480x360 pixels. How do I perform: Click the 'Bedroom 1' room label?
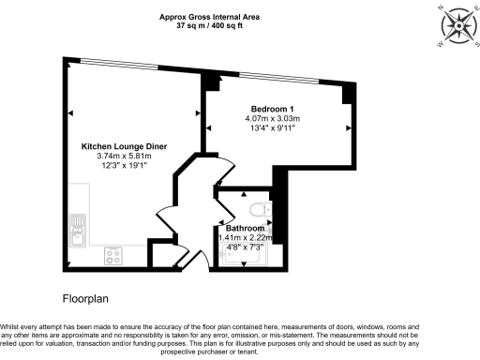click(273, 109)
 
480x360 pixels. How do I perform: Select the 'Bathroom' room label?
click(245, 228)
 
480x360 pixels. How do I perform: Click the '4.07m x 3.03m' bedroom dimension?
click(273, 119)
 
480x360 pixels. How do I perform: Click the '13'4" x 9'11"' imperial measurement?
click(273, 129)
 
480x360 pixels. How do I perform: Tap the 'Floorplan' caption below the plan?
click(88, 299)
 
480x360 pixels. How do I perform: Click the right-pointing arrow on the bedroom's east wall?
click(350, 127)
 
